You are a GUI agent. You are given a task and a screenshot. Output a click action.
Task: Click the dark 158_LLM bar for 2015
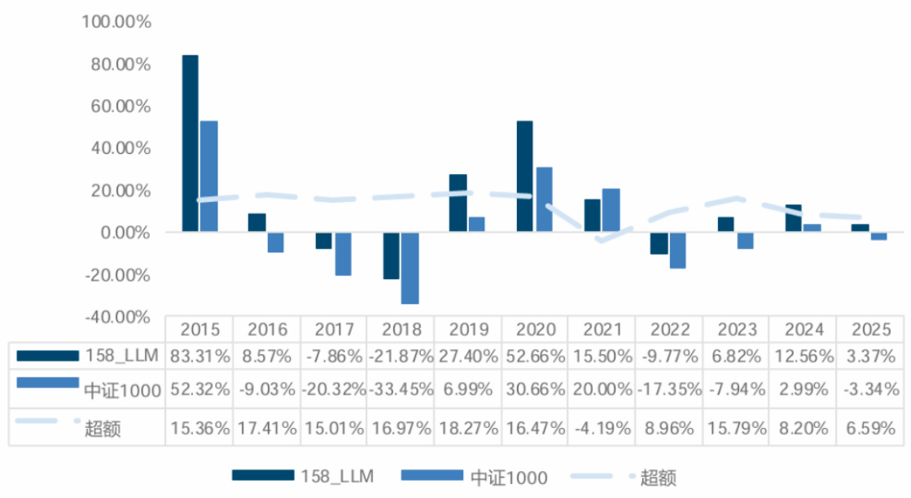(x=190, y=143)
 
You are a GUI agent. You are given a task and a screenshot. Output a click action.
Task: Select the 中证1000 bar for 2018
(x=410, y=269)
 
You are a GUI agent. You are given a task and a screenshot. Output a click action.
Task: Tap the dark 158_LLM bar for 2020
(x=525, y=177)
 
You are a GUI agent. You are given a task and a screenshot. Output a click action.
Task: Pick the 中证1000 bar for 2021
(x=611, y=211)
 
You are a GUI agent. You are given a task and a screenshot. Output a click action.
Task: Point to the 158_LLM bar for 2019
(x=458, y=203)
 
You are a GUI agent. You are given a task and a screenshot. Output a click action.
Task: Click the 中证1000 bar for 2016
(x=276, y=242)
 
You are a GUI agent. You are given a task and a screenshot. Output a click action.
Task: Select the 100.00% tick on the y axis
(x=117, y=22)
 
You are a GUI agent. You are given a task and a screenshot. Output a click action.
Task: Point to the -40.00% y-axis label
(x=117, y=317)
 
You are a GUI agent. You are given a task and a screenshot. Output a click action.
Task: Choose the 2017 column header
(x=334, y=330)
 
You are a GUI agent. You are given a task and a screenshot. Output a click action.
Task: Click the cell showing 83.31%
(x=199, y=356)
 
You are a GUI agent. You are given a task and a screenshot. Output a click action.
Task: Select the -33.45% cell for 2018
(x=401, y=390)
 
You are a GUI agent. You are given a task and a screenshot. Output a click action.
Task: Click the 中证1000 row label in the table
(x=121, y=390)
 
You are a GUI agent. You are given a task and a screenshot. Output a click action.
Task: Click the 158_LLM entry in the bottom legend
(x=339, y=477)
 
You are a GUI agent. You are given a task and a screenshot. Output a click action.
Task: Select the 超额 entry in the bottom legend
(x=659, y=477)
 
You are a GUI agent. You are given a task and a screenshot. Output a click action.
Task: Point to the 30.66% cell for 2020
(x=534, y=390)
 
